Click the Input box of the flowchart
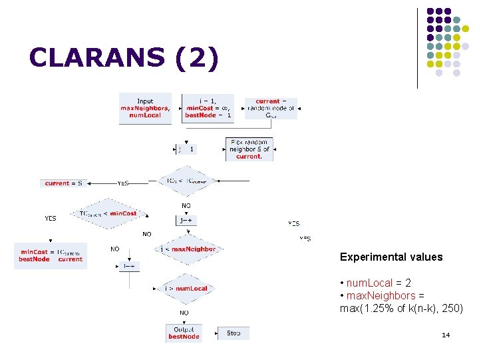coord(145,108)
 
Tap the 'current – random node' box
coord(271,108)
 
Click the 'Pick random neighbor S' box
coord(249,149)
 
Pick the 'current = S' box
coord(64,183)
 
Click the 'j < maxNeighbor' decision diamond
coord(188,249)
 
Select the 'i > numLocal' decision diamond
coord(186,288)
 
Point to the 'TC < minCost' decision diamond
coord(108,213)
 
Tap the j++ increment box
coord(186,220)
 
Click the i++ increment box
coord(130,265)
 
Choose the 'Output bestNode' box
coord(184,333)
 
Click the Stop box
coord(234,333)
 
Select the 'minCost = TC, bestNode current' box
coord(51,255)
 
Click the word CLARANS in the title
coord(96,58)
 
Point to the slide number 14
coord(446,335)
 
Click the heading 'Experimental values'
coord(391,257)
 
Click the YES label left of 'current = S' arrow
coord(123,183)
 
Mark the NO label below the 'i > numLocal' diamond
coord(184,312)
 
